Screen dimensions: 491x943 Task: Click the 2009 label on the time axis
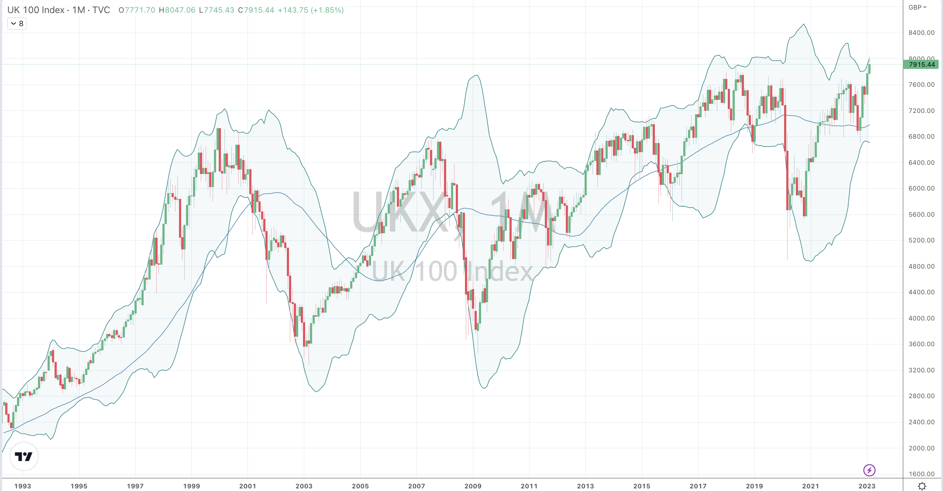[473, 486]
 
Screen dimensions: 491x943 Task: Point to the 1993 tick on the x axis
[23, 486]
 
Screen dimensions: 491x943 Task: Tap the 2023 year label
[867, 486]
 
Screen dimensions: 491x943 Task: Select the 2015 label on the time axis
[642, 486]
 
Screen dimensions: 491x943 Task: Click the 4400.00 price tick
[922, 292]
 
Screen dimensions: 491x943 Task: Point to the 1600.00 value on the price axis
[922, 474]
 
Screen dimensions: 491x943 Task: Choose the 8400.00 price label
[922, 33]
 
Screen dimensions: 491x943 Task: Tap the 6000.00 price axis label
[922, 188]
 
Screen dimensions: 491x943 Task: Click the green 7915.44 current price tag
[921, 65]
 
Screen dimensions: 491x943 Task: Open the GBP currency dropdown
[917, 7]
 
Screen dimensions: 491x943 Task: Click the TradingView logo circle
[24, 457]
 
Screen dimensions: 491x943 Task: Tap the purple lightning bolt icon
[869, 470]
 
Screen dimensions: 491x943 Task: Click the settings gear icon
[922, 486]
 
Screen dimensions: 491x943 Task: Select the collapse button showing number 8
[17, 24]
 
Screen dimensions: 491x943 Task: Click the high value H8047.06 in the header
[177, 10]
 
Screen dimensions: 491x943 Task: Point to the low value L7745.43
[217, 10]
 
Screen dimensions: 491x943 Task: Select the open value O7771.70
[137, 10]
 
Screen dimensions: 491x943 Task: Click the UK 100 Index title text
[36, 10]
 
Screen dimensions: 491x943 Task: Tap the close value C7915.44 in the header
[256, 10]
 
